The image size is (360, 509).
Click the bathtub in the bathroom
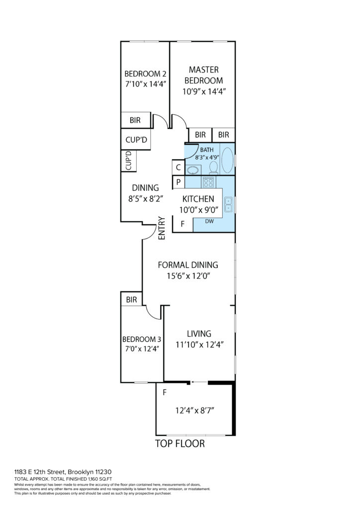[x=227, y=160]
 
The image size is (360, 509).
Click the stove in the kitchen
[x=208, y=182]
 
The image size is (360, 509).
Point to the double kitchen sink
[x=228, y=204]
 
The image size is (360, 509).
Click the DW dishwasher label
[x=209, y=222]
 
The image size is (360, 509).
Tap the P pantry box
[x=178, y=182]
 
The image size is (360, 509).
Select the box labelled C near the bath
[x=178, y=168]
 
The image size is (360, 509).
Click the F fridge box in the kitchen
[x=182, y=224]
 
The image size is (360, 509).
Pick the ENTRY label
[x=162, y=229]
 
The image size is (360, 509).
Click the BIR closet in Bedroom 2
[x=135, y=120]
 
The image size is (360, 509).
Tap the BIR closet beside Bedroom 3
[x=131, y=300]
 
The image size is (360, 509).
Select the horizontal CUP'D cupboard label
[x=136, y=140]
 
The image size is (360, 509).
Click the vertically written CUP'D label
[x=128, y=161]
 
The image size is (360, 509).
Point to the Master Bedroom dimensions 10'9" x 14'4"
[x=204, y=91]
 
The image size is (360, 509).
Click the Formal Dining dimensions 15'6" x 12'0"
[x=188, y=276]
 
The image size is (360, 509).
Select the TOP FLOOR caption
[x=180, y=444]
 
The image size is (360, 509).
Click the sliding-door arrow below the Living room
[x=199, y=382]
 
